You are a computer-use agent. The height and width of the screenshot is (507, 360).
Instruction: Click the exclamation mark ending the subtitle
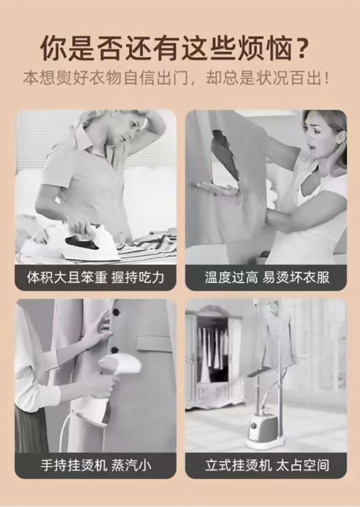click(x=326, y=78)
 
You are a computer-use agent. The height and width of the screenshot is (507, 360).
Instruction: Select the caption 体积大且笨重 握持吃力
click(x=95, y=277)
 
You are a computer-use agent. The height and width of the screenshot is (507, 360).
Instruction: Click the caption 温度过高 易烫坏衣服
click(x=267, y=277)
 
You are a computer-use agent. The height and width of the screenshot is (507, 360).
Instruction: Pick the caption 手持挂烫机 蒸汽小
click(x=96, y=465)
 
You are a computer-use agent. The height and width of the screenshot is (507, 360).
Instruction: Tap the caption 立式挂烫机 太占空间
click(x=267, y=465)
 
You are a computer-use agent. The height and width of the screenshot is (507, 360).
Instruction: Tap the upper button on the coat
click(x=116, y=312)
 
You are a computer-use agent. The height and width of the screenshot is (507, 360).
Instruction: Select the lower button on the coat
click(x=114, y=350)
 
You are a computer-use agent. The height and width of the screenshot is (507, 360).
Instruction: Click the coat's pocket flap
click(x=153, y=343)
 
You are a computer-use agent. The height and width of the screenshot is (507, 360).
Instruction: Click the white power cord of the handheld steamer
click(x=63, y=430)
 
